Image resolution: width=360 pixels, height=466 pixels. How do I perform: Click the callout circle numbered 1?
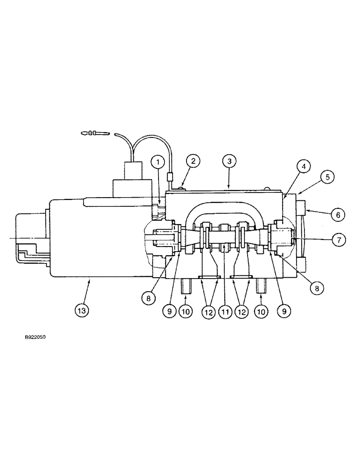[159, 162]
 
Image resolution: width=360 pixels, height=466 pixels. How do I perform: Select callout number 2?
[193, 162]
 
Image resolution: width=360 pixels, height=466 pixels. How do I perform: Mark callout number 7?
[338, 240]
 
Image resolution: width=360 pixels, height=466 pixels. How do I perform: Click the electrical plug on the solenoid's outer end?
[29, 238]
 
